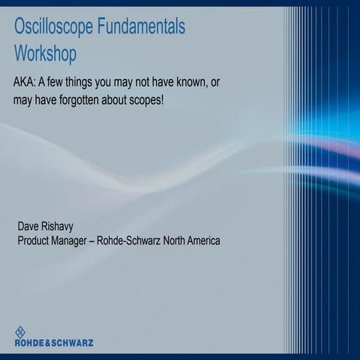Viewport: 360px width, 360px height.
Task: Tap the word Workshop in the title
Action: point(45,54)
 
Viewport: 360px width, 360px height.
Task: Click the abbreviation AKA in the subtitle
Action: point(25,82)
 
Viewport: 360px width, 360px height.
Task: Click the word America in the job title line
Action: point(202,241)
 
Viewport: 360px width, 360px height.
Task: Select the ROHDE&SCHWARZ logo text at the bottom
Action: point(54,343)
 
